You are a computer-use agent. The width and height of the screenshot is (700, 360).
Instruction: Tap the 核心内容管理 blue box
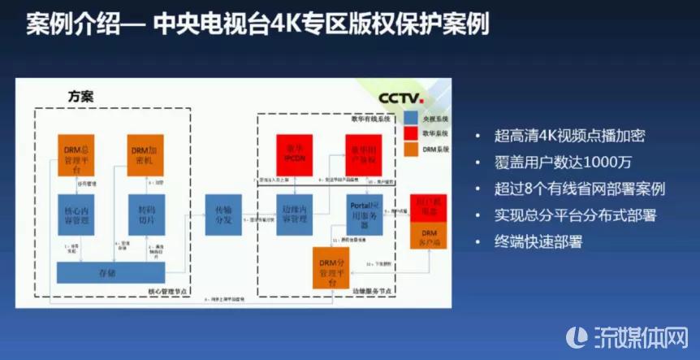point(78,213)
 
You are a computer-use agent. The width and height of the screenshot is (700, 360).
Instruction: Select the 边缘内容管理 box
point(294,213)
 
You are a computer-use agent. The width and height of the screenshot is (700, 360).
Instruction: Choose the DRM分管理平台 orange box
point(335,268)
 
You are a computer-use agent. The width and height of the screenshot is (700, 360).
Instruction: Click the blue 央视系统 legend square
point(412,118)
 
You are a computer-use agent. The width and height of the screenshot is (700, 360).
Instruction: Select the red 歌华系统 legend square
point(412,132)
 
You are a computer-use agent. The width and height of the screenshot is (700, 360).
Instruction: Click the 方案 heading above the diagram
point(80,97)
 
